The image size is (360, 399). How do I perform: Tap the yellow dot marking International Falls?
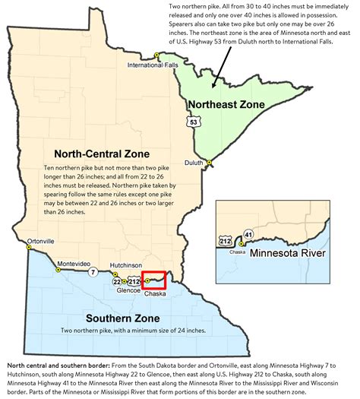click(x=156, y=56)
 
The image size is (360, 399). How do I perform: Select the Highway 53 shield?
click(x=194, y=121)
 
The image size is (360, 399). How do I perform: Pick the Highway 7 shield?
click(x=93, y=271)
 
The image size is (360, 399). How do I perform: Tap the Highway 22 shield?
click(x=118, y=282)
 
